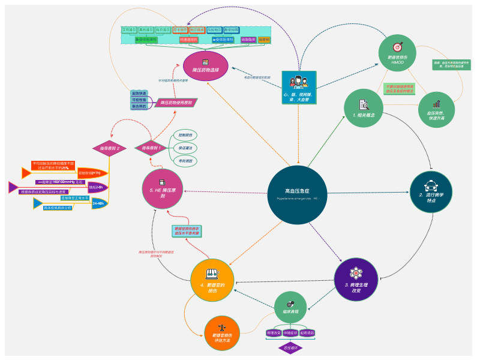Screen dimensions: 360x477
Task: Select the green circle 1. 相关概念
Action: click(364, 108)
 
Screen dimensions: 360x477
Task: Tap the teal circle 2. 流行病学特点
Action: click(431, 193)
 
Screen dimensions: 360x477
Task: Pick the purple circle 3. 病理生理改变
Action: click(356, 280)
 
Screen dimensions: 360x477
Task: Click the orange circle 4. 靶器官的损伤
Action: click(212, 280)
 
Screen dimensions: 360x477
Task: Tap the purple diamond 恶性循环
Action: click(292, 347)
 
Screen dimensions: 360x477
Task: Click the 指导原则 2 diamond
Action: click(109, 148)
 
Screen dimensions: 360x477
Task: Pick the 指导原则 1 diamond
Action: click(151, 148)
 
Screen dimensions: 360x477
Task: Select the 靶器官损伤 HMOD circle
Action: click(397, 50)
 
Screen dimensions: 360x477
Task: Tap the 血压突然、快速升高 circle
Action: click(436, 108)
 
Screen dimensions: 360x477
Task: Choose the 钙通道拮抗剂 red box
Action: click(189, 40)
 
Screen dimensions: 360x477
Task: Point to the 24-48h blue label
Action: click(98, 203)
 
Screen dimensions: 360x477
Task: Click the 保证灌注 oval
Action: click(185, 148)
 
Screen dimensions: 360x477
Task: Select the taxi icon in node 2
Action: click(431, 184)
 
